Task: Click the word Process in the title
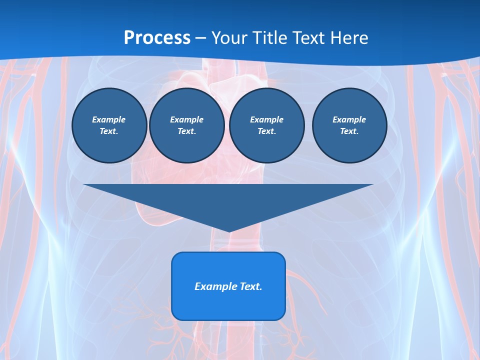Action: [x=157, y=38]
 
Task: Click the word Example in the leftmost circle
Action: [x=109, y=119]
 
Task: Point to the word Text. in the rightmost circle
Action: [x=349, y=131]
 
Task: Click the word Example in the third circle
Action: [x=267, y=119]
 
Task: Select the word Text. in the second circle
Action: [x=187, y=131]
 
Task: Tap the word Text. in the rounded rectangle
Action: [x=251, y=286]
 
